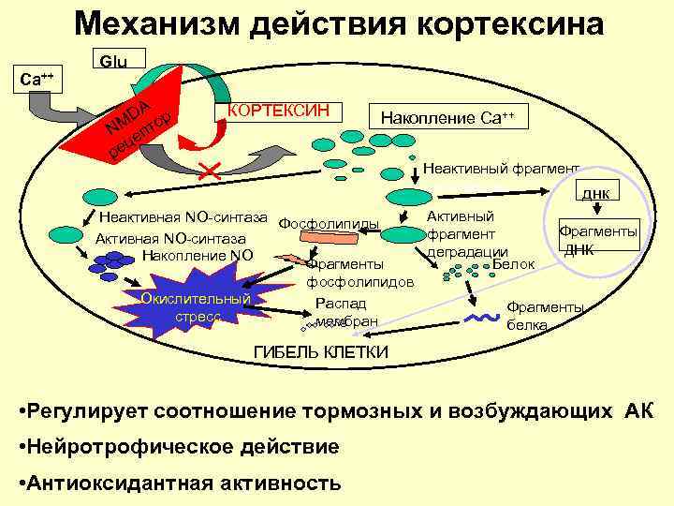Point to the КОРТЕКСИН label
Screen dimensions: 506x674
tap(279, 110)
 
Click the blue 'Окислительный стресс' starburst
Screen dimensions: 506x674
tap(196, 305)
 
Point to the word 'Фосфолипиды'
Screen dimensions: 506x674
tap(329, 224)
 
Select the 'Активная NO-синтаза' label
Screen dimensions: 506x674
tap(170, 238)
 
